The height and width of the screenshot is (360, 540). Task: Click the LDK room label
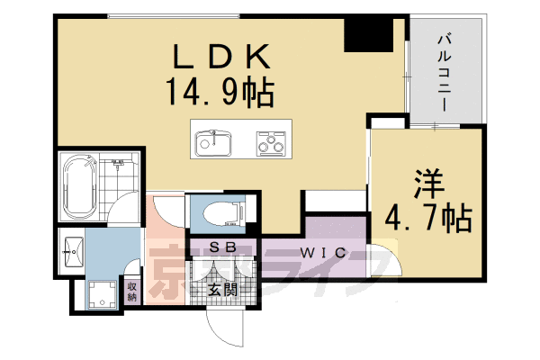(x=220, y=58)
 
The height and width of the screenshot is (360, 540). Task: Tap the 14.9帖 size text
(x=220, y=90)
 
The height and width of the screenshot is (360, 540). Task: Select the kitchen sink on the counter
(x=213, y=141)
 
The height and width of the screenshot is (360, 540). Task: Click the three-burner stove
(x=271, y=141)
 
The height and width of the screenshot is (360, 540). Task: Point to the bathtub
(x=78, y=186)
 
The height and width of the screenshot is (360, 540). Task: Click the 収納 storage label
(x=132, y=292)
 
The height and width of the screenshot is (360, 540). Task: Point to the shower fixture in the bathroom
(x=119, y=167)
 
